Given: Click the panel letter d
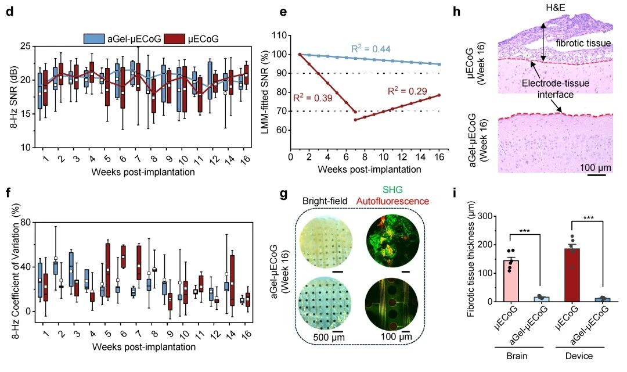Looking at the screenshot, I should [x=9, y=13].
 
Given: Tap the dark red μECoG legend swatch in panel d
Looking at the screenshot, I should [x=175, y=39].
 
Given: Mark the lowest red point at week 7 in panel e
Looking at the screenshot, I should [x=355, y=120].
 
